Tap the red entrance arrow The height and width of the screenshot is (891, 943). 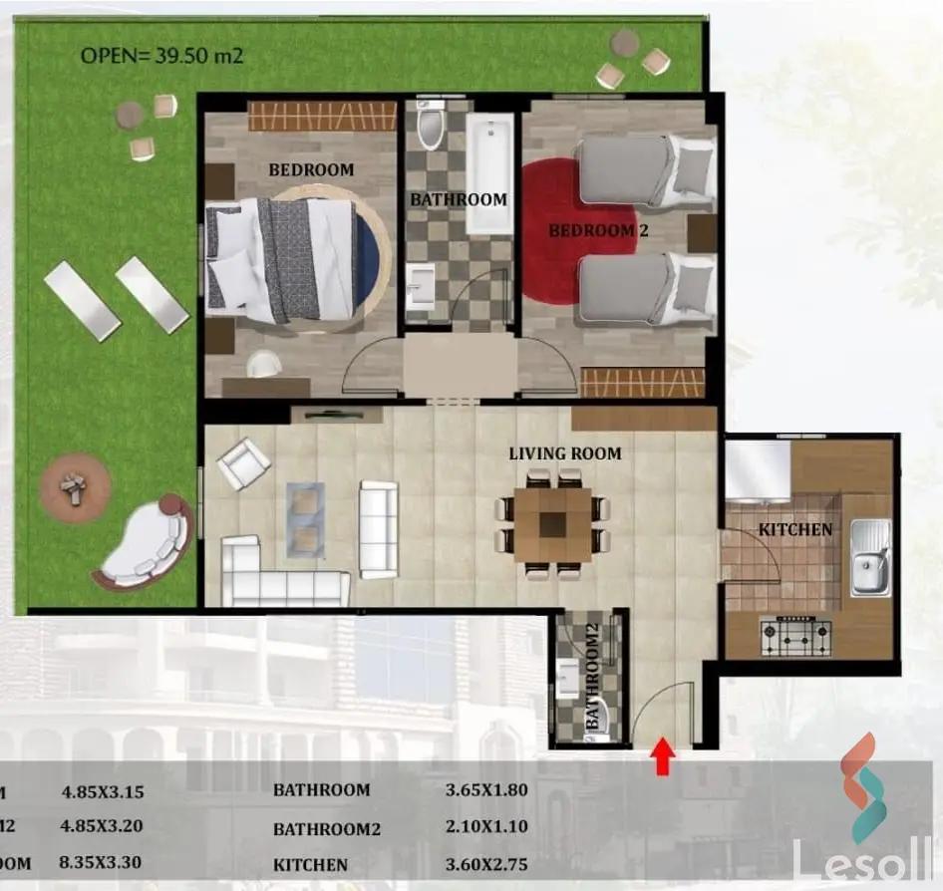660,756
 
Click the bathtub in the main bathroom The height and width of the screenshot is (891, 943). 488,173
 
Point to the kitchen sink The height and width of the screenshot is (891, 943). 869,558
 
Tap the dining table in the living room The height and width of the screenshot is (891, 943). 553,523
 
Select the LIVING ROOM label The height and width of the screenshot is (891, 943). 564,453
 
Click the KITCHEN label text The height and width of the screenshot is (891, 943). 794,529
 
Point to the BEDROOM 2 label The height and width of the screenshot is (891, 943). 591,230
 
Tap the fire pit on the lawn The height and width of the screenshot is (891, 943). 75,486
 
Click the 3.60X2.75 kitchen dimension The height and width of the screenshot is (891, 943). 486,865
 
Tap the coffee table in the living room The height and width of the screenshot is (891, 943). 305,518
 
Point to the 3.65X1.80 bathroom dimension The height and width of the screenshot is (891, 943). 486,790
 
